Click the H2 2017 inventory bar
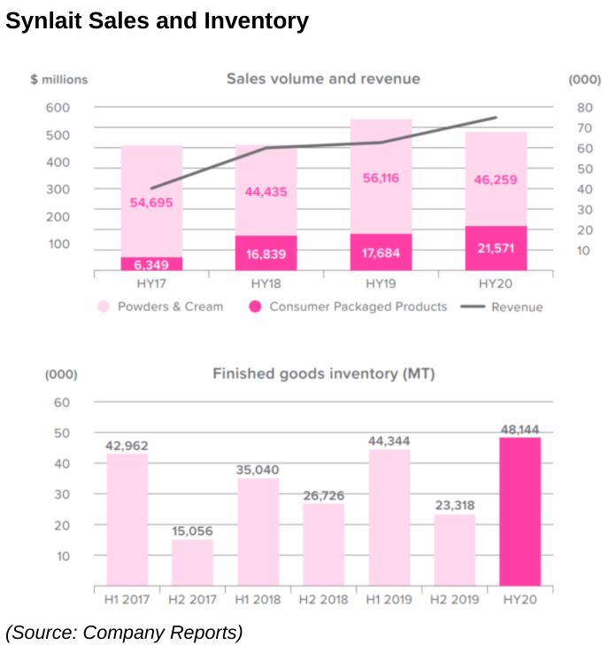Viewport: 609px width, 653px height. pos(192,563)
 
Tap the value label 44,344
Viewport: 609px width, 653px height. pos(389,440)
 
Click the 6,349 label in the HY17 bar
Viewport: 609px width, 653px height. pos(152,264)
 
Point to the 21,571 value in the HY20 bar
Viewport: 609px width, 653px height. pos(496,249)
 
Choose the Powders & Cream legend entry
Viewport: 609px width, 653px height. pos(160,307)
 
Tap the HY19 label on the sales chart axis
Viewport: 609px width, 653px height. pos(381,284)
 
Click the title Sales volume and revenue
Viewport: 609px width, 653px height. pos(323,79)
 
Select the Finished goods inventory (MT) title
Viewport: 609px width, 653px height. pos(323,374)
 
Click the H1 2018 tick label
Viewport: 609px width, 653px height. pos(258,600)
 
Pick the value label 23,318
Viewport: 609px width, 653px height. pos(454,506)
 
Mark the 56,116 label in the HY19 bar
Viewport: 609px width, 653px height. pos(381,178)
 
